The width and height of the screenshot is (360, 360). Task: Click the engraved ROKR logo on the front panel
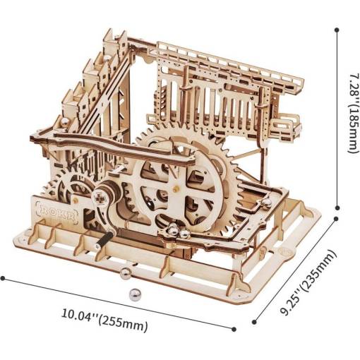(x=56, y=212)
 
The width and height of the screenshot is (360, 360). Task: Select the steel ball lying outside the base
(x=134, y=294)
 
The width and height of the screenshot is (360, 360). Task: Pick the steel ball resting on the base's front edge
(x=125, y=273)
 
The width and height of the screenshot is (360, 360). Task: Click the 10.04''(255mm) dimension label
(x=104, y=319)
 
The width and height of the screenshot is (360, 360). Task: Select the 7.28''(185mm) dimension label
(x=354, y=113)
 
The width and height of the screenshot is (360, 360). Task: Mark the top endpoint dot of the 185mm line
(x=337, y=30)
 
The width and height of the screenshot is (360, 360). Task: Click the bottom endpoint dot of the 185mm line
(x=337, y=208)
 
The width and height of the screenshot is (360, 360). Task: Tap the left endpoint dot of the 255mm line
(x=3, y=278)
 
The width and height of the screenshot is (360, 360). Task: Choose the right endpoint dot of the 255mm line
(x=234, y=329)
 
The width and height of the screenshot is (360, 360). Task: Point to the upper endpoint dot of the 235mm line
(x=337, y=219)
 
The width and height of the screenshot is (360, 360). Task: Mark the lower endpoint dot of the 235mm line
(x=254, y=322)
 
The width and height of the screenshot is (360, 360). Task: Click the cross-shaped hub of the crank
(x=100, y=198)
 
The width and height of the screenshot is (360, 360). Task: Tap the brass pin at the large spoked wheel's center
(x=174, y=189)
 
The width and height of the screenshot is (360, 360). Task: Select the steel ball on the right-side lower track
(x=265, y=205)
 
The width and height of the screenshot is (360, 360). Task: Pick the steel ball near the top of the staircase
(x=107, y=59)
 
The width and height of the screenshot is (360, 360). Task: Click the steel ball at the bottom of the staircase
(x=65, y=122)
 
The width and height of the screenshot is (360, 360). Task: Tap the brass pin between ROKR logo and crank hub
(x=76, y=200)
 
